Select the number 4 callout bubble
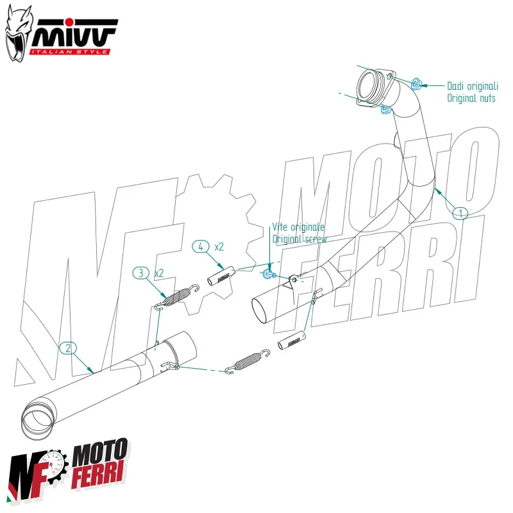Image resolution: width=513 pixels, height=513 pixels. tap(201, 246)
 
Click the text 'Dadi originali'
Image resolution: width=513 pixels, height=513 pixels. tap(471, 85)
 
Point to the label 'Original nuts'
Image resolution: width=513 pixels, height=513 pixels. tap(471, 98)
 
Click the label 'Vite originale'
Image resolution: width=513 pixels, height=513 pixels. tap(299, 227)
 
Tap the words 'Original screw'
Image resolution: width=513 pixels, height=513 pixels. tap(299, 239)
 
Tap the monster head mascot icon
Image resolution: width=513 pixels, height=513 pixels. tap(17, 32)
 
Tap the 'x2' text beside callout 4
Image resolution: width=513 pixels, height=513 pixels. tap(219, 246)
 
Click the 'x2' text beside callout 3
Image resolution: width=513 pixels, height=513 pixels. tap(159, 273)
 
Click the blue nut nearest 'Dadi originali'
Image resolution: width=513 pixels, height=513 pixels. tap(416, 83)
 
